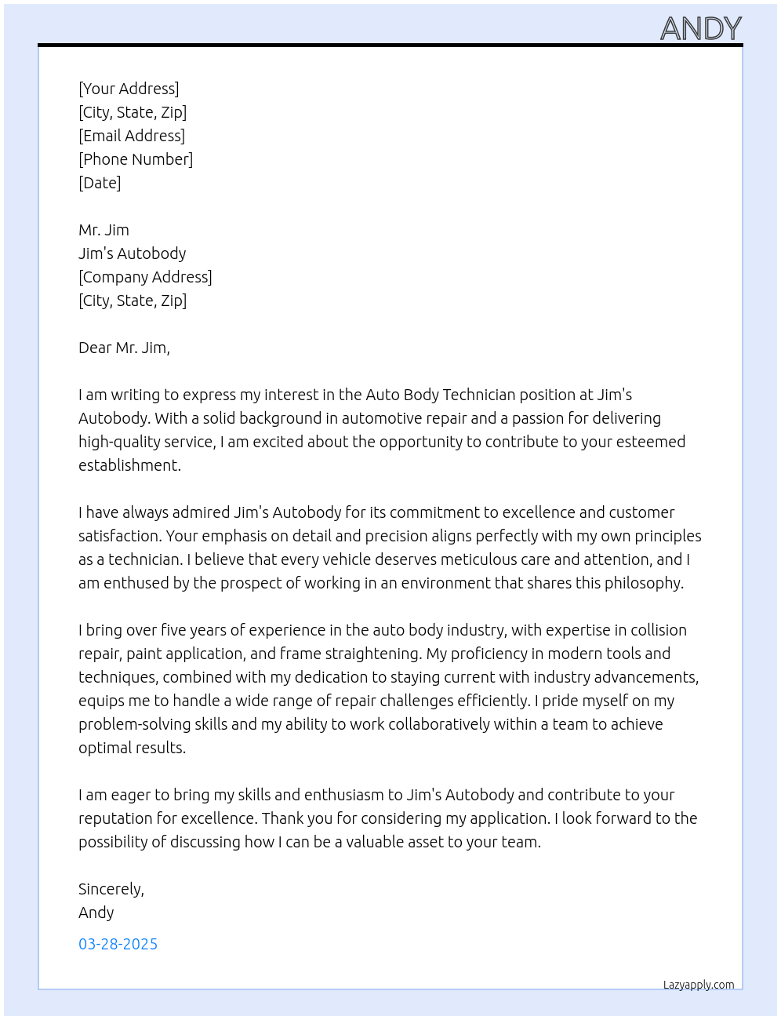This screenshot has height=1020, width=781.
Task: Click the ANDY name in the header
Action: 700,29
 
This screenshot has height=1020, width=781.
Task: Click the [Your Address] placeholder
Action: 129,89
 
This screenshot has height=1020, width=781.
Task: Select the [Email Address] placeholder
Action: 132,136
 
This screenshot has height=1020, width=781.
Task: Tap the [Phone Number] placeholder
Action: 136,159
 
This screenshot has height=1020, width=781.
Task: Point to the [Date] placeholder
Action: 100,183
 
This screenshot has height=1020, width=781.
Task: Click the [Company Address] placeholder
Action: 145,277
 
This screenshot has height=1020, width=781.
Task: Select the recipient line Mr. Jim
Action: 104,230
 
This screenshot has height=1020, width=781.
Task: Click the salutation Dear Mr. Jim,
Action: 124,348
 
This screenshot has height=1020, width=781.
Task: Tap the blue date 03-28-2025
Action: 118,944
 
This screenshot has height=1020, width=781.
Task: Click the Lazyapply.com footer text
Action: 699,985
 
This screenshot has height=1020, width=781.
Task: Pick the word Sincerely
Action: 110,889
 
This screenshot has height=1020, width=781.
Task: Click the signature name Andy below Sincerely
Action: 96,913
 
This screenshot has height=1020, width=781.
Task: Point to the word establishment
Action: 129,465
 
